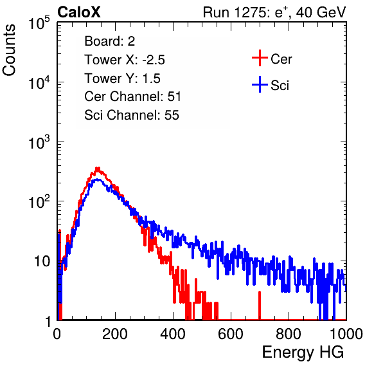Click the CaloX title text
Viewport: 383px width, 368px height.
tap(78, 12)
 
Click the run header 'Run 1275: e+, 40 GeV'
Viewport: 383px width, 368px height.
tap(274, 12)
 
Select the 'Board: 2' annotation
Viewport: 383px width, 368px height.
tap(109, 41)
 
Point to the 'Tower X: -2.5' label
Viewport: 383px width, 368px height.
tap(125, 60)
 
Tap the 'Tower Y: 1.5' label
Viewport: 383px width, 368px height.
tap(122, 78)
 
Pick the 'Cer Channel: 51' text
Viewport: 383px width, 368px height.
tap(132, 97)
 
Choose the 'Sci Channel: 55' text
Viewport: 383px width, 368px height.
tap(132, 115)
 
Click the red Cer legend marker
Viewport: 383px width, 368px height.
tap(260, 58)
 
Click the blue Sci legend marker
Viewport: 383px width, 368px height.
tap(260, 85)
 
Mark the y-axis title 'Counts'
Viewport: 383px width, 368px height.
tap(9, 50)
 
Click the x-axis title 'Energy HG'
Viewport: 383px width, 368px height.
tap(303, 353)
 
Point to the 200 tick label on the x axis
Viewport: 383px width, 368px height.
tap(115, 334)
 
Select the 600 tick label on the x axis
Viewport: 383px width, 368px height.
tap(231, 334)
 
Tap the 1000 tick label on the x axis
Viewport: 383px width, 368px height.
tap(346, 334)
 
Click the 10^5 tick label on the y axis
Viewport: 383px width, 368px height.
tap(39, 23)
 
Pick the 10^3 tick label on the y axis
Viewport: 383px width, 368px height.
tap(39, 142)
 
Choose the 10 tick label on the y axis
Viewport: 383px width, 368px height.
tap(42, 261)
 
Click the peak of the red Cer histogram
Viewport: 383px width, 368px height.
tap(98, 168)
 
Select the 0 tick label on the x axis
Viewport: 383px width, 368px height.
tap(57, 334)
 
